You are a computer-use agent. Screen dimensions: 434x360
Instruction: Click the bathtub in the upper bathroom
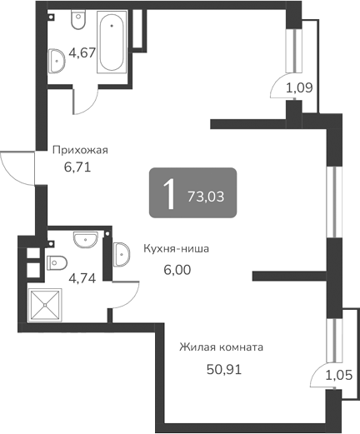coord(112,43)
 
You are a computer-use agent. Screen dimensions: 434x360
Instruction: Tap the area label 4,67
coord(81,52)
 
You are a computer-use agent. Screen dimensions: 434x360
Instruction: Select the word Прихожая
coord(81,151)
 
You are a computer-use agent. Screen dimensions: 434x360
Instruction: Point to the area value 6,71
coord(77,166)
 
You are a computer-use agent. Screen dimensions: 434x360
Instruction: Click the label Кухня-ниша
coord(175,248)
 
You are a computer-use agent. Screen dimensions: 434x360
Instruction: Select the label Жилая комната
coord(222,347)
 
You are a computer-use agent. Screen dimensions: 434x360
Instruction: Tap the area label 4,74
coord(82,278)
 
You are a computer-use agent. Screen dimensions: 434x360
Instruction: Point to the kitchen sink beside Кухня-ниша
coord(120,252)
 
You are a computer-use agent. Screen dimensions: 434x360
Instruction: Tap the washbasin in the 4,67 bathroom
coord(57,59)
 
